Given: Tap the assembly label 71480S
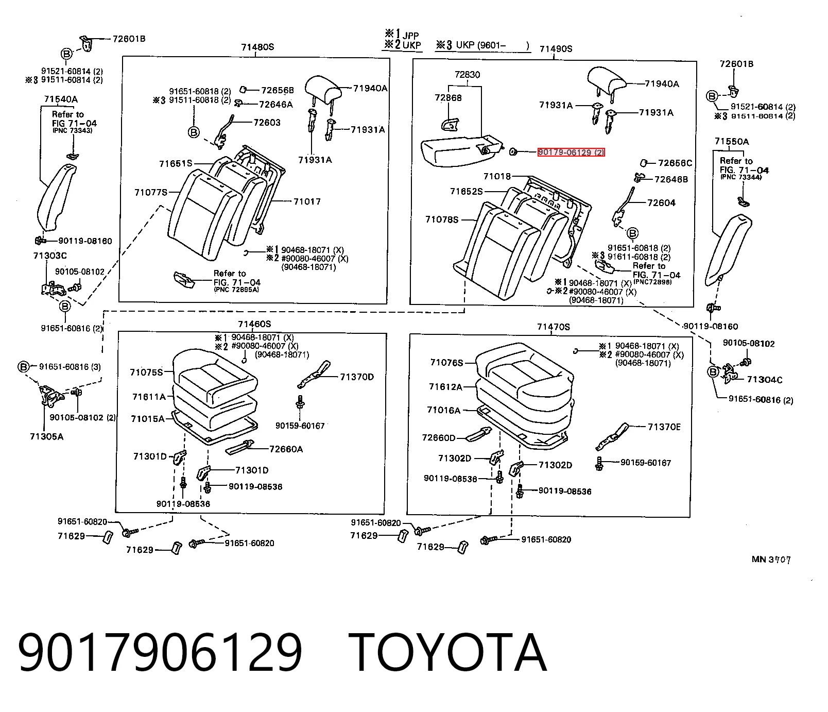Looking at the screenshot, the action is click(257, 47).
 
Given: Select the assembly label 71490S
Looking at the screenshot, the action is click(556, 49).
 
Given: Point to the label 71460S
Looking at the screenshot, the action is click(254, 324).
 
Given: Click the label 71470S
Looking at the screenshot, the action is click(554, 327).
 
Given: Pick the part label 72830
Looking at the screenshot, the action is click(467, 75).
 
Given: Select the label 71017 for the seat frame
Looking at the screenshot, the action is click(307, 201).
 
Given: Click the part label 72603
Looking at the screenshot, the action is click(267, 122).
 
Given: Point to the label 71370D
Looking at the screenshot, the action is click(357, 377).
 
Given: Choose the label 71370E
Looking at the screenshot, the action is click(664, 427).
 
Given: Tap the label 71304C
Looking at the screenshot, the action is click(764, 380).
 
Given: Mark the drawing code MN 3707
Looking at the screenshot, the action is click(771, 560).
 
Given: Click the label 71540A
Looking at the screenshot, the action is click(61, 99).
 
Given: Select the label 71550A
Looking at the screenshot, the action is click(732, 141).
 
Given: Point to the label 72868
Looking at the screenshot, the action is click(448, 97).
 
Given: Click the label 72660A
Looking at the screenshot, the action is click(286, 449).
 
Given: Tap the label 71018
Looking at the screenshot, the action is click(497, 177).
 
